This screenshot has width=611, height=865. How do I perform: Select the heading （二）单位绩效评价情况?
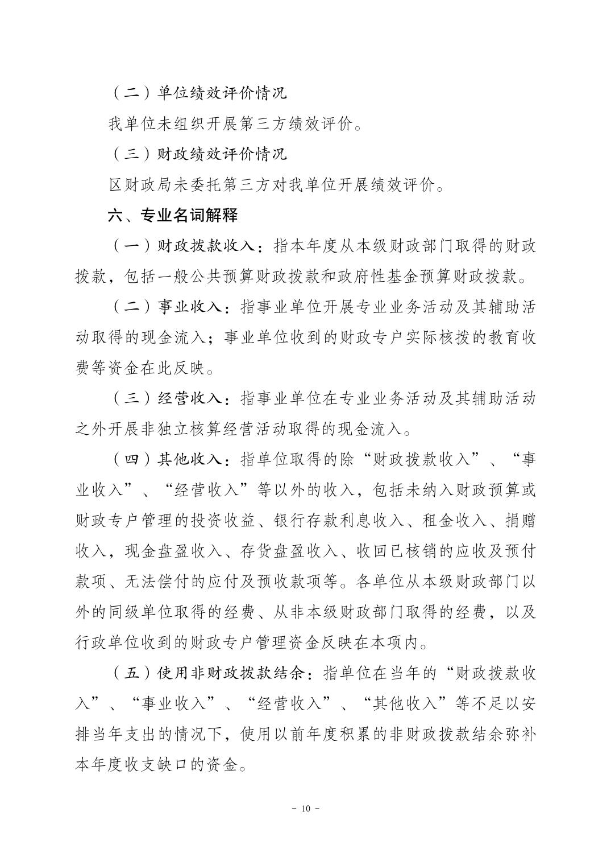tap(198, 93)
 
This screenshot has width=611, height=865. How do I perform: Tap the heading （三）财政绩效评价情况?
tap(198, 154)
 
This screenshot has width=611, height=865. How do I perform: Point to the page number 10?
tap(305, 809)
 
